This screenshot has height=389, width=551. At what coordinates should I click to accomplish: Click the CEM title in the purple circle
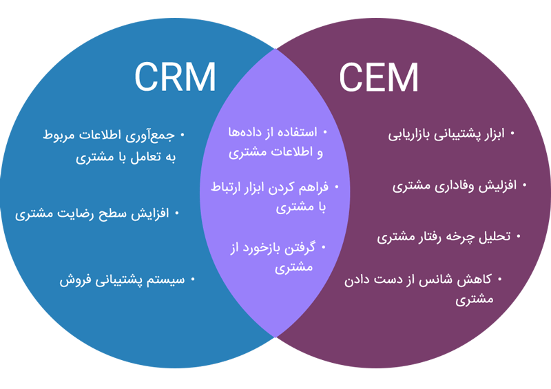378,77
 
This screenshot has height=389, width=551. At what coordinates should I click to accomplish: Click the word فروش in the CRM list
75,280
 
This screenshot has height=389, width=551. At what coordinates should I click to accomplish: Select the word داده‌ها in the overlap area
247,132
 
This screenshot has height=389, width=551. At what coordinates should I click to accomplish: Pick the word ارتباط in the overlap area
228,187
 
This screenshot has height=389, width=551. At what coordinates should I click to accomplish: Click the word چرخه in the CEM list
459,237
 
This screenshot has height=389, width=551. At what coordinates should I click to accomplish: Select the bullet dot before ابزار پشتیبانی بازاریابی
512,132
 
